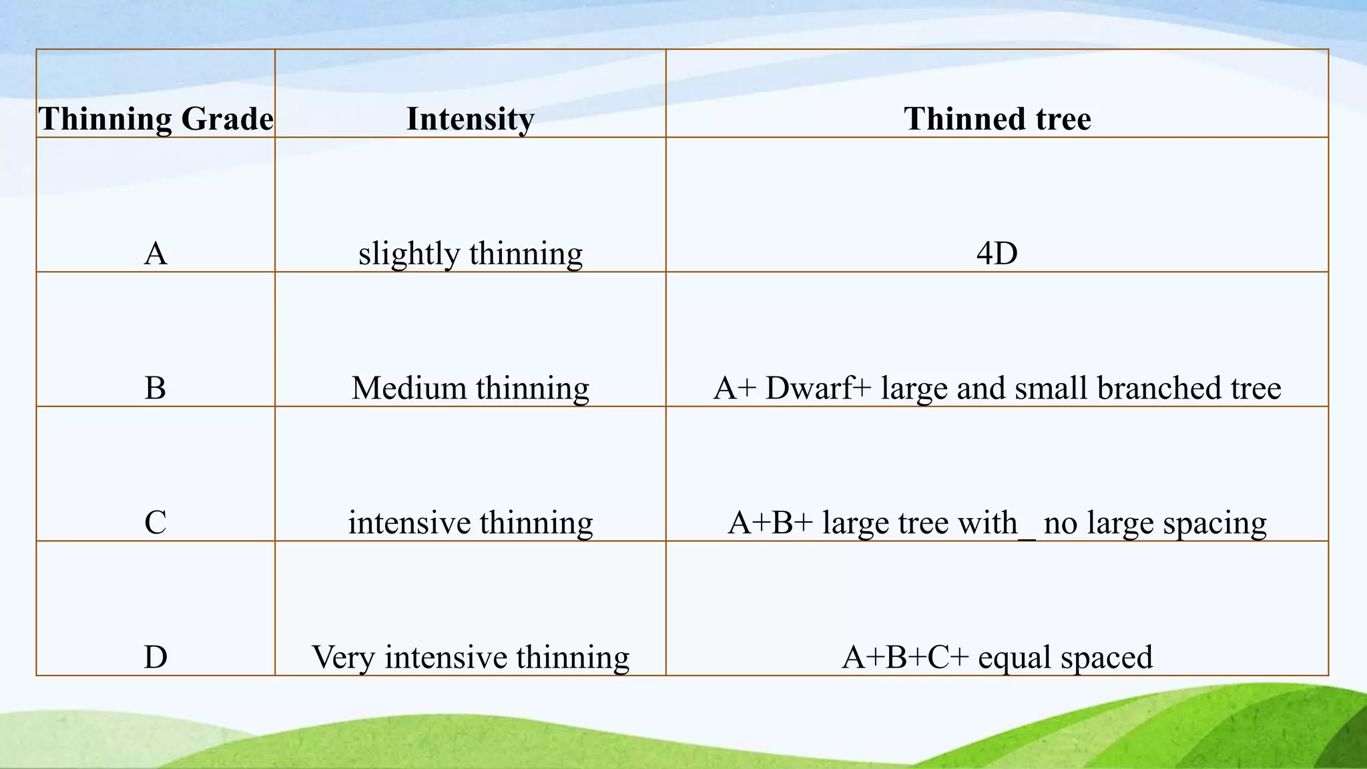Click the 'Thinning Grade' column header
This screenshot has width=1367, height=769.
[x=156, y=119]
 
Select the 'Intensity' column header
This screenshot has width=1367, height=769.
[x=470, y=119]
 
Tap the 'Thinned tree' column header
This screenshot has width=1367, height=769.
[x=997, y=119]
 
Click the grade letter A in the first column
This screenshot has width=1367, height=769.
[x=156, y=254]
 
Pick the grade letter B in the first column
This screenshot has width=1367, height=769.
[x=156, y=388]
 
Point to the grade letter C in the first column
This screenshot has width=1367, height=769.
[x=156, y=523]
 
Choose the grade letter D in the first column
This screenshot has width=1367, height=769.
[x=156, y=657]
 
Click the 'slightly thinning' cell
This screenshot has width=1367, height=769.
[x=470, y=254]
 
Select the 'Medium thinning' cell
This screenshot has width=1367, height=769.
[x=470, y=388]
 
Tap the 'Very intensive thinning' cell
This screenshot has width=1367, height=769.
[x=470, y=657]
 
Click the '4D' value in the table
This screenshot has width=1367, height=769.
[x=997, y=254]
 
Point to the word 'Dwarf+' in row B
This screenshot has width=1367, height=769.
[x=818, y=388]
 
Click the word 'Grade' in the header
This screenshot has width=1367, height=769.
[x=227, y=119]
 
